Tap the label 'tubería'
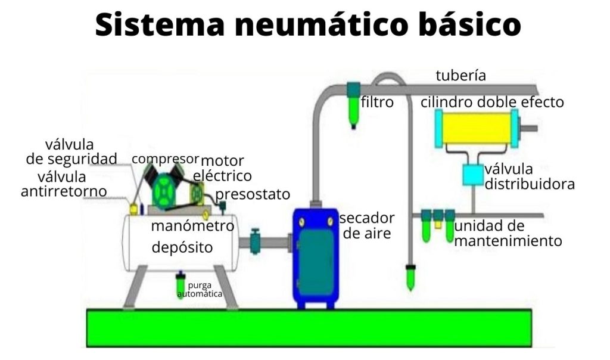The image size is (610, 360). [x=460, y=76]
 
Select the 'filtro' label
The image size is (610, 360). [x=377, y=103]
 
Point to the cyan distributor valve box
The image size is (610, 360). [x=474, y=174]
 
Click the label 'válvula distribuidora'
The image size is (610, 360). [x=530, y=176]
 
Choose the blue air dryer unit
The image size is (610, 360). [x=315, y=256]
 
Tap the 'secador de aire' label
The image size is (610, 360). [x=366, y=225]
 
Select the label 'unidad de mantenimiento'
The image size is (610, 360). [x=508, y=234]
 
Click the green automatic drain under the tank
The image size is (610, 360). [x=180, y=285]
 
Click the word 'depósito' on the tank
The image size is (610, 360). [x=182, y=247]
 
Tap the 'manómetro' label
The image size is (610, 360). [x=192, y=226]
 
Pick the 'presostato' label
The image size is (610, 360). [x=253, y=194]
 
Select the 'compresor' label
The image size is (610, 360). [x=165, y=159]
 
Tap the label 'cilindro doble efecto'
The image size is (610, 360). [x=492, y=103]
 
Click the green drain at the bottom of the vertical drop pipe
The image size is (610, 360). [x=410, y=278]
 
